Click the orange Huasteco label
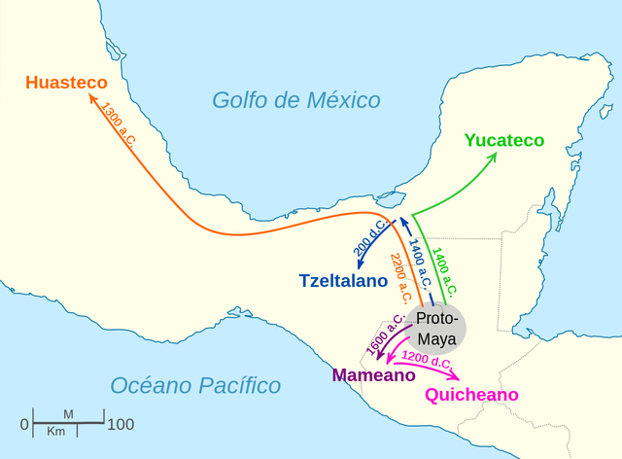point(66,83)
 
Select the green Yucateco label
point(504,140)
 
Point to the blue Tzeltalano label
point(343,281)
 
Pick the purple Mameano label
point(367,375)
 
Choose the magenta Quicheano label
point(472,394)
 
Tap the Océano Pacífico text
point(195,385)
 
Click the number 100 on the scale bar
point(121,425)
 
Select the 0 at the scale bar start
point(24,425)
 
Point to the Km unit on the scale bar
point(56,431)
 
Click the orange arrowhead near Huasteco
point(90,97)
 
